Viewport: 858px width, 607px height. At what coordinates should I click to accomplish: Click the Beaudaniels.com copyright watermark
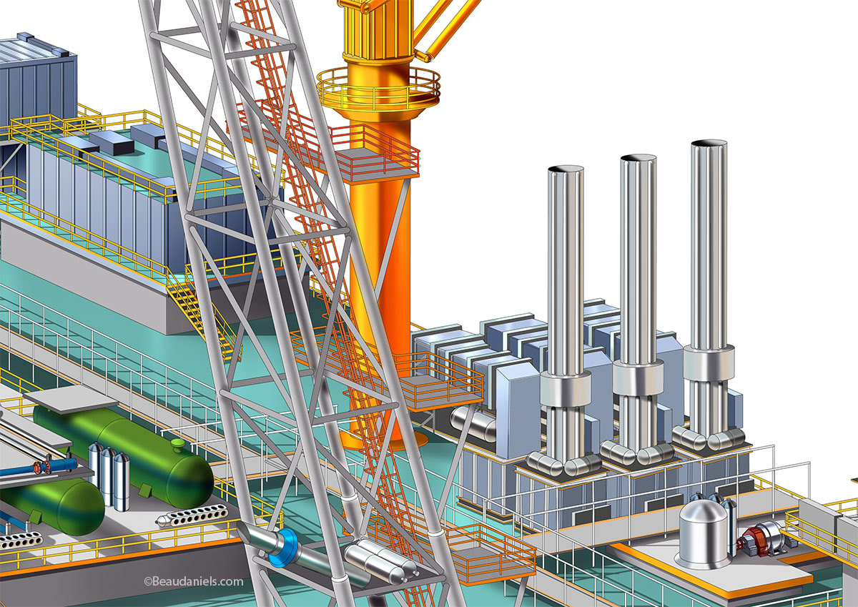(x=193, y=582)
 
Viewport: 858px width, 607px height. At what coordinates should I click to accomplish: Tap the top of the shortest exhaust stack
(x=566, y=171)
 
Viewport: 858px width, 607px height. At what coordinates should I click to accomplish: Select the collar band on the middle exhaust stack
(x=637, y=377)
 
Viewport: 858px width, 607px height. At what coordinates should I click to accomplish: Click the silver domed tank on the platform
(x=703, y=533)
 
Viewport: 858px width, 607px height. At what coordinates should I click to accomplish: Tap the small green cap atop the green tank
(x=178, y=445)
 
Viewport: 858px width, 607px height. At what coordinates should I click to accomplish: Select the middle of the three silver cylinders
(x=108, y=475)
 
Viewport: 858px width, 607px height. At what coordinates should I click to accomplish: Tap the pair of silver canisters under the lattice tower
(x=380, y=558)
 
